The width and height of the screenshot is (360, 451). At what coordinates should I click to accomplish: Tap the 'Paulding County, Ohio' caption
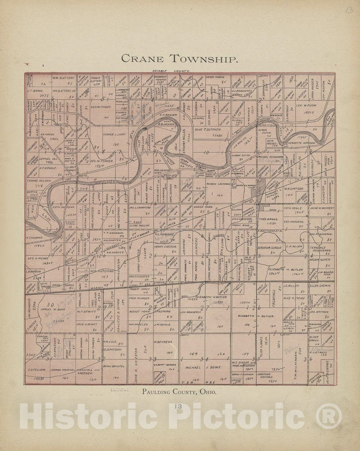coord(180,392)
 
